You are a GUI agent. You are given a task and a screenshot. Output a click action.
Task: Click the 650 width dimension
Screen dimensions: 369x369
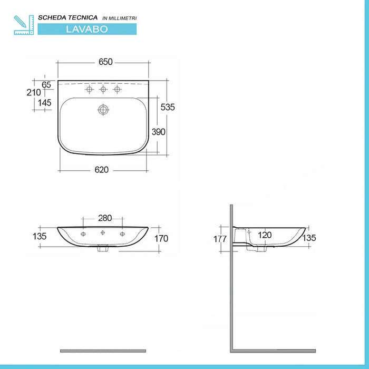click(x=105, y=62)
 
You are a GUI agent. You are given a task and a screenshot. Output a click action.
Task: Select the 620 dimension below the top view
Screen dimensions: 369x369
click(x=102, y=170)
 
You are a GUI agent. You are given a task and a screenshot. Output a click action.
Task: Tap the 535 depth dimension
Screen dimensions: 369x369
click(x=168, y=107)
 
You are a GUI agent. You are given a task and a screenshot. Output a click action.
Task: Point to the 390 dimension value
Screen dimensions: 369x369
click(x=159, y=132)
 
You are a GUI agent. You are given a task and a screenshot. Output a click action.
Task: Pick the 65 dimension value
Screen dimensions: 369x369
click(x=46, y=84)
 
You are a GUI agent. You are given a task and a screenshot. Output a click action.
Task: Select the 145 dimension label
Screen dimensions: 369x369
click(x=44, y=103)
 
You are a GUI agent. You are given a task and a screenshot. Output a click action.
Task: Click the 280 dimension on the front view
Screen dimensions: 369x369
click(x=104, y=218)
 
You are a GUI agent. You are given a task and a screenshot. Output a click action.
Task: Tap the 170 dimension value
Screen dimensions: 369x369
click(x=161, y=239)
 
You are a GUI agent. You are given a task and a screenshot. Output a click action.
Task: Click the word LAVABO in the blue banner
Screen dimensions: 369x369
click(x=87, y=29)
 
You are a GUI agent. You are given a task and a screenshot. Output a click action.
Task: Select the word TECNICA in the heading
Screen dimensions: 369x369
click(x=79, y=18)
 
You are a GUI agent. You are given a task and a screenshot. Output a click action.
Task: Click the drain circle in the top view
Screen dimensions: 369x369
click(x=103, y=110)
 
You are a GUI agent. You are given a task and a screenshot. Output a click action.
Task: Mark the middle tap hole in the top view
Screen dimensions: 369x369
click(x=103, y=90)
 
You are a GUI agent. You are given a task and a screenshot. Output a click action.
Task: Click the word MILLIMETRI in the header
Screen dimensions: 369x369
click(x=123, y=18)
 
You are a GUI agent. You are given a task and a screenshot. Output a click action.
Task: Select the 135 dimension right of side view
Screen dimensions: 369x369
click(x=309, y=238)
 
